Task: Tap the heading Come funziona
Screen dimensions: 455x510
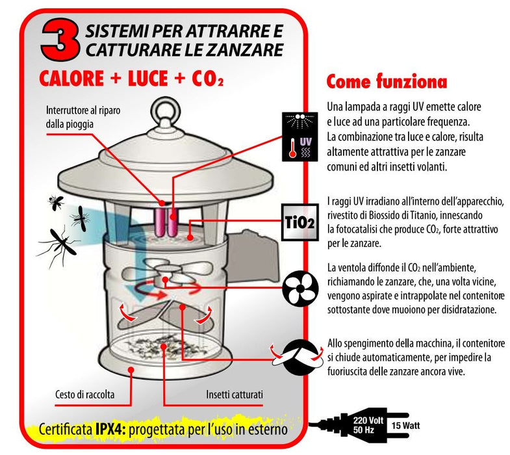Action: (386, 83)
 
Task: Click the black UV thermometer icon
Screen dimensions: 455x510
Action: (299, 135)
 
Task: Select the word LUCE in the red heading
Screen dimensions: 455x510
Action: (144, 79)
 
